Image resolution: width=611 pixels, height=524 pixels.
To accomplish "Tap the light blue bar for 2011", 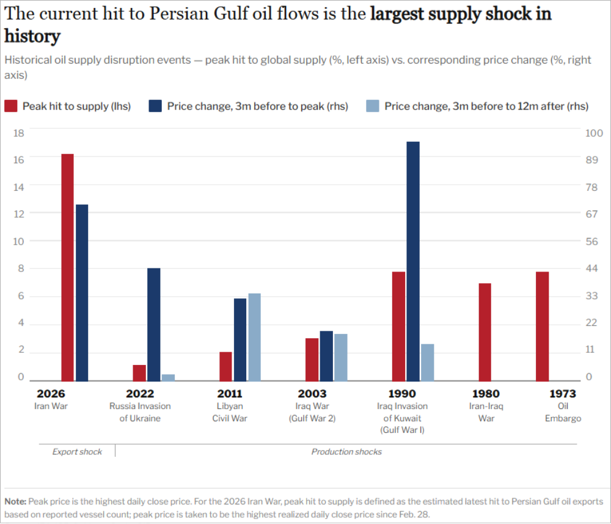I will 254,337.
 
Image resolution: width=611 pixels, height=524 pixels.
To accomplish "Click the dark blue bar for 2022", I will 153,324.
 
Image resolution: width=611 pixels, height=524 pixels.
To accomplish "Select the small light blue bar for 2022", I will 168,377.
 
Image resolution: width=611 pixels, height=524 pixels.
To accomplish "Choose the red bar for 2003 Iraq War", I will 312,360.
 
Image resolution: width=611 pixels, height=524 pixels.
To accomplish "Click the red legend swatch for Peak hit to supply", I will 11,106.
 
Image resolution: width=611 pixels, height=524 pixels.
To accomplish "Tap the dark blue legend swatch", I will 155,106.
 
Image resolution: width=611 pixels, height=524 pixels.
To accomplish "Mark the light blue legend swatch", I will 372,106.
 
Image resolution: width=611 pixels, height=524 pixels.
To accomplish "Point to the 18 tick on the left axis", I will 18,133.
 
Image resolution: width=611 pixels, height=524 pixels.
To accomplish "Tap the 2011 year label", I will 230,394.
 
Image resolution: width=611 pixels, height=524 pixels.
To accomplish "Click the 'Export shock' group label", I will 77,451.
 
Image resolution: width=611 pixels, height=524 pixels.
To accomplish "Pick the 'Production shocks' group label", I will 346,451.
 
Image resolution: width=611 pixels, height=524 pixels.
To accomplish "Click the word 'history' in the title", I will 32,36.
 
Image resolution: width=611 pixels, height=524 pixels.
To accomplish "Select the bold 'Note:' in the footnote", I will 15,501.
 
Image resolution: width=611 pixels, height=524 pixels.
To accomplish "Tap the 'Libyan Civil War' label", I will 230,412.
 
